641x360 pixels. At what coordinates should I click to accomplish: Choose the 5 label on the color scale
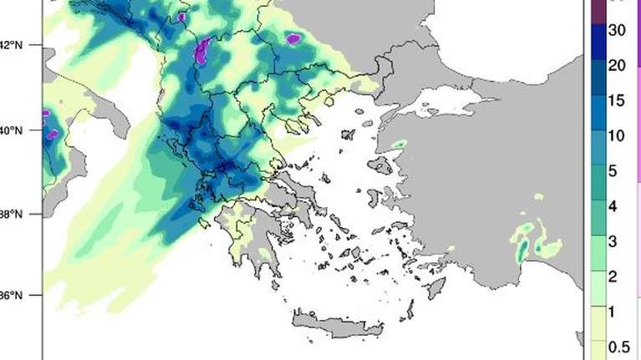tap(613, 170)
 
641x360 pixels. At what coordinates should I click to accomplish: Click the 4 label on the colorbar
tap(613, 205)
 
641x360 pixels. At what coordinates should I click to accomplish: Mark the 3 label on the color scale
tap(613, 241)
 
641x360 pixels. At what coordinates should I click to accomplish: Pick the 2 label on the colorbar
tap(613, 276)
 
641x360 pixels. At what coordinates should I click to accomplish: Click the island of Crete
tap(351, 322)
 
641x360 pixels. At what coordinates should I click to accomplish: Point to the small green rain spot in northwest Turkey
tap(399, 145)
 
